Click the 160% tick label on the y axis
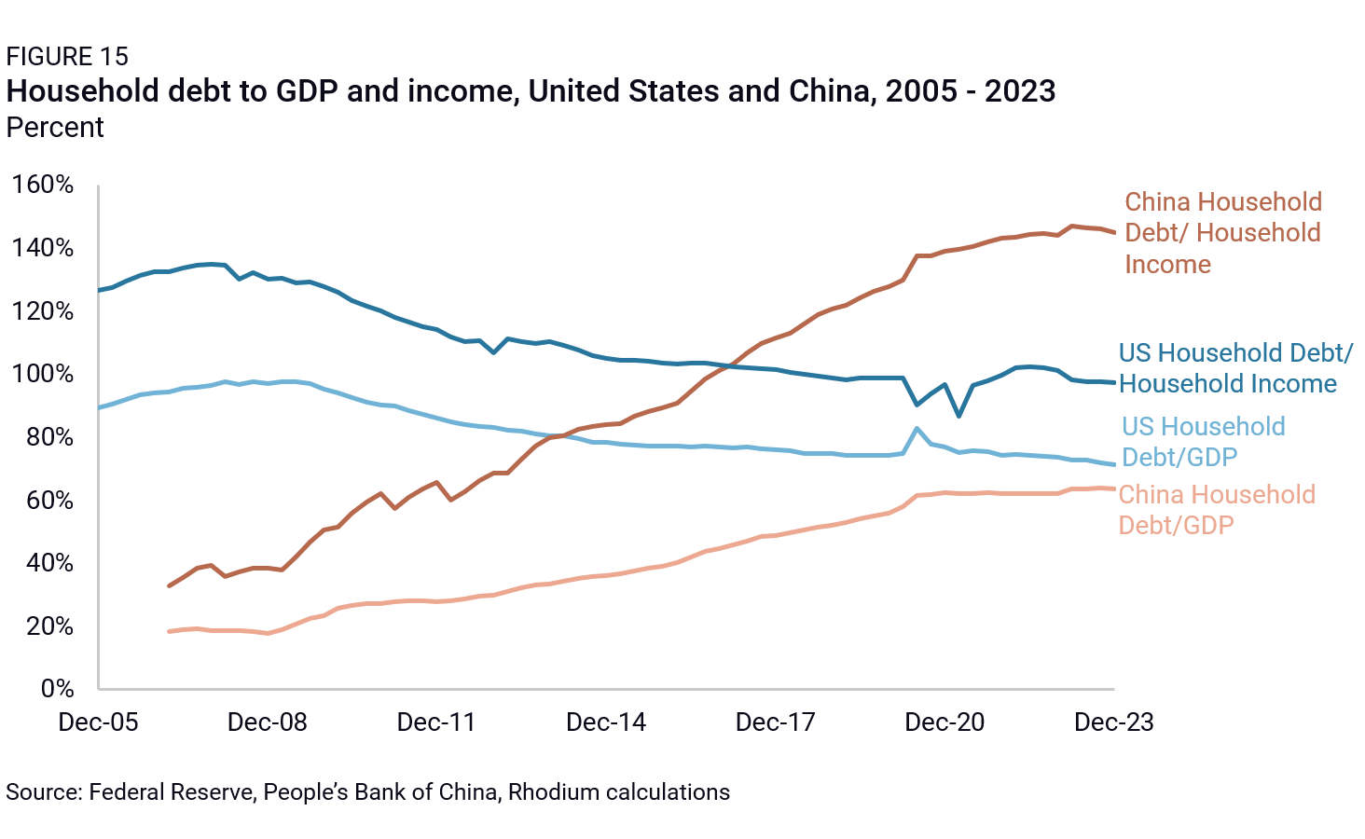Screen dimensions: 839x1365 (43, 185)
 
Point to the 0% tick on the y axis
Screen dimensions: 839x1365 (57, 689)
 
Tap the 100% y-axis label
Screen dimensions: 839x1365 (43, 374)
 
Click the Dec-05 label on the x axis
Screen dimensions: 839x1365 (98, 722)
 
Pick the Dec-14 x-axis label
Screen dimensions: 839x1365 (606, 722)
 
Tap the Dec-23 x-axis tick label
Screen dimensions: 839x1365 (1113, 722)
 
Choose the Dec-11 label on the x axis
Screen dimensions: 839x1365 (436, 722)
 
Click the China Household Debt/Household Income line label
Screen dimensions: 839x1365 (1222, 233)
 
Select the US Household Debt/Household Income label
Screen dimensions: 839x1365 (1234, 368)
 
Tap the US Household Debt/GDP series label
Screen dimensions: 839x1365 (1203, 442)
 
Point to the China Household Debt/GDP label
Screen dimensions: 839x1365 (1216, 510)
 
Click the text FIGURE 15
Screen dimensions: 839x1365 (67, 57)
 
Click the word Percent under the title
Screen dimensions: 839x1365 (55, 128)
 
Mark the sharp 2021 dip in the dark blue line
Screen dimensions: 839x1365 (958, 415)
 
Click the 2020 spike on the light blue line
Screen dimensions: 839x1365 (917, 429)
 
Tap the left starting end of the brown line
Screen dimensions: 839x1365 (169, 585)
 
